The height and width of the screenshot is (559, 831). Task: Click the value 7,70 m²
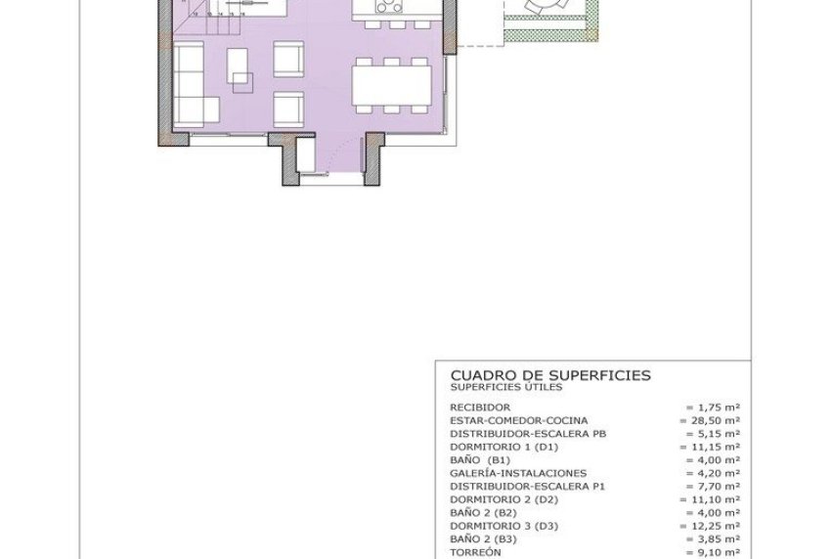[713, 485]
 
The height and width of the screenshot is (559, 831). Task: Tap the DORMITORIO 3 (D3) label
[503, 525]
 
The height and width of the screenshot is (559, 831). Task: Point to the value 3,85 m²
[713, 537]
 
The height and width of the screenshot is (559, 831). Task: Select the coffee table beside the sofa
[240, 68]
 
